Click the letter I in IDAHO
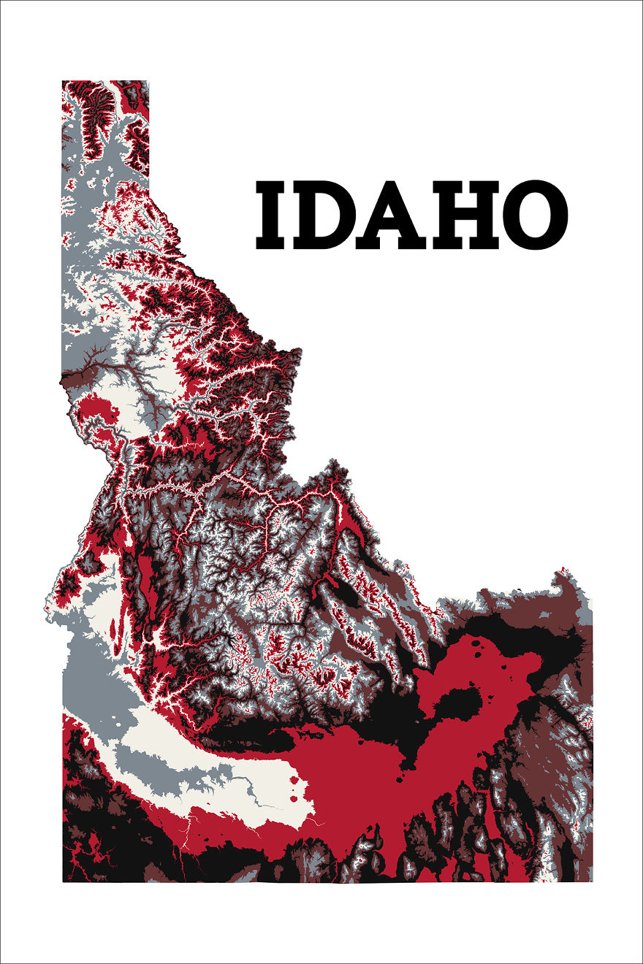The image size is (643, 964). click(272, 214)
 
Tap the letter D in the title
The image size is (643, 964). click(326, 214)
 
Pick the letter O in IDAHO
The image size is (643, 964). click(536, 214)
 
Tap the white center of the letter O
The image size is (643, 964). click(536, 214)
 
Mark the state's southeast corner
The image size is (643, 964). click(590, 880)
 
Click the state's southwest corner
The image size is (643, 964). click(64, 880)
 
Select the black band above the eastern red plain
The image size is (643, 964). click(511, 628)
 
